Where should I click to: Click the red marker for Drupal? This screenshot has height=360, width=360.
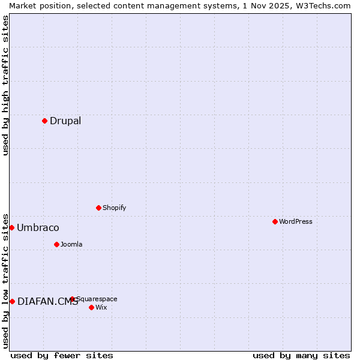[x=44, y=121]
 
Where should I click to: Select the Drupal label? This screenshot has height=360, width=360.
[x=65, y=121]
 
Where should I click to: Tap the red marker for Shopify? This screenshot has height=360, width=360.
[x=98, y=208]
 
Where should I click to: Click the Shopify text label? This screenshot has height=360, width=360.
[x=114, y=208]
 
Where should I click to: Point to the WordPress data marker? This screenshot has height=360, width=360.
[x=275, y=221]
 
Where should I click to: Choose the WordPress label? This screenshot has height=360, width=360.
[x=296, y=221]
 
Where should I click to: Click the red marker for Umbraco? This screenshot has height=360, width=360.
[x=11, y=227]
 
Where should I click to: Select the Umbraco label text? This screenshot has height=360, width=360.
[x=38, y=227]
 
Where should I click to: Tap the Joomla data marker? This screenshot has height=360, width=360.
[x=56, y=244]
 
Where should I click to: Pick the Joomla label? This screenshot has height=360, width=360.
[x=71, y=244]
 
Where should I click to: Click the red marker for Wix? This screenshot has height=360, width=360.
[x=91, y=307]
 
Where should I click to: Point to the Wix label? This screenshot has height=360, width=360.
[x=101, y=307]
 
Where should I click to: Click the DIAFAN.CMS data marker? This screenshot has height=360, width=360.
[x=11, y=301]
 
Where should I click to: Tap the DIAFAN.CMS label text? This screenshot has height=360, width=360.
[x=47, y=302]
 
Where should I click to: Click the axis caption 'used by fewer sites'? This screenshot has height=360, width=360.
[x=62, y=355]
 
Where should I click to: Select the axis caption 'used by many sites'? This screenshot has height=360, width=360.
[x=301, y=355]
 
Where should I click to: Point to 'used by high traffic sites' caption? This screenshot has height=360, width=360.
[x=5, y=85]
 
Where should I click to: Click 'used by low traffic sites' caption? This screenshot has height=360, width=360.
[x=5, y=280]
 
